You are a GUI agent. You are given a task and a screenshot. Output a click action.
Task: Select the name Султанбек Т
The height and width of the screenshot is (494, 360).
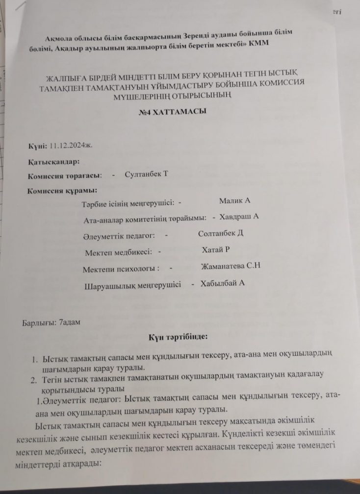(146, 174)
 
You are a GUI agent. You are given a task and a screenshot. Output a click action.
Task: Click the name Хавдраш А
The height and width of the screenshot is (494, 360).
(239, 217)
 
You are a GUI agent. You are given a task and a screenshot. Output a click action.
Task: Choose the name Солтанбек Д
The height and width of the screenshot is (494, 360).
(221, 234)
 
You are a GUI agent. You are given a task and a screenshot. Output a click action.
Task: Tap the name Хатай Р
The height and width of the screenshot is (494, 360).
(216, 250)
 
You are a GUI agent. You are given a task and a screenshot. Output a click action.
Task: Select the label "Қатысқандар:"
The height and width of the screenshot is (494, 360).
(54, 161)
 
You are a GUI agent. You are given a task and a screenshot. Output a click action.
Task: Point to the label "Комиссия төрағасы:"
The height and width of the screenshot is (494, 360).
(65, 175)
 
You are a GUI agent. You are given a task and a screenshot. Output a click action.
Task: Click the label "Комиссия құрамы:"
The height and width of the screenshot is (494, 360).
(61, 190)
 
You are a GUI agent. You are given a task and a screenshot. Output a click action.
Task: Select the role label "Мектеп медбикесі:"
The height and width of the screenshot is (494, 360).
(117, 252)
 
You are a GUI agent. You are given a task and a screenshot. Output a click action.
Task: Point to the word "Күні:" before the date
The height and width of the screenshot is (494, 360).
(37, 146)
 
